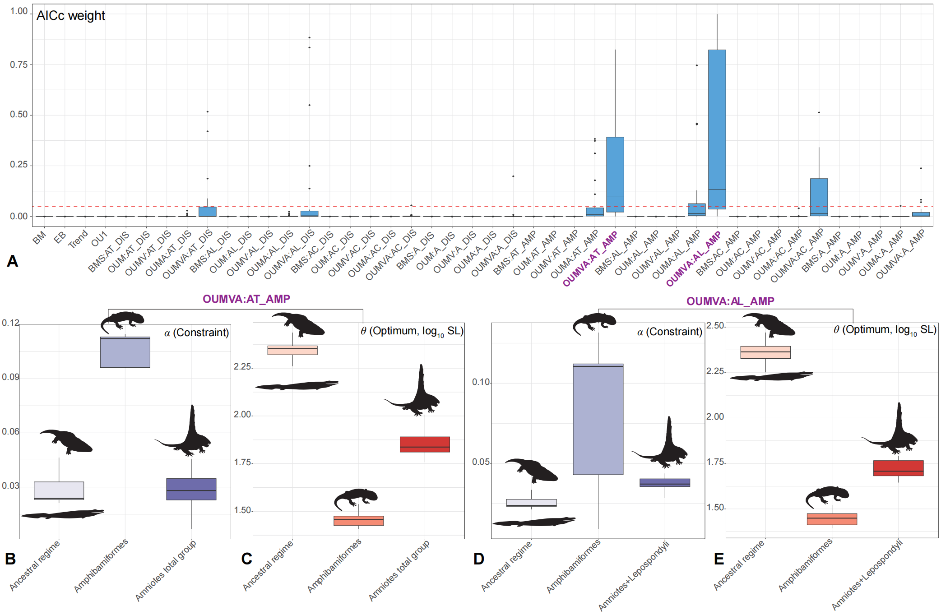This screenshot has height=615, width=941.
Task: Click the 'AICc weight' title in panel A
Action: pyautogui.click(x=71, y=16)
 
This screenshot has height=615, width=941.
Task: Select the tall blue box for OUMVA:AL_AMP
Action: pyautogui.click(x=717, y=129)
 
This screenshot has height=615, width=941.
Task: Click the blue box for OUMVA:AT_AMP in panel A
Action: pyautogui.click(x=615, y=174)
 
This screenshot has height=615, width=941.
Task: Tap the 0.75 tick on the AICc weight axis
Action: pyautogui.click(x=19, y=65)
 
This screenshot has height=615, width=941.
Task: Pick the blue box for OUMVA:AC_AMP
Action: pyautogui.click(x=819, y=197)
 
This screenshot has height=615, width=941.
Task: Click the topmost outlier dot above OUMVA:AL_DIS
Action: pyautogui.click(x=309, y=37)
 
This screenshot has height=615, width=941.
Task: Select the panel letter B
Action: pyautogui.click(x=10, y=559)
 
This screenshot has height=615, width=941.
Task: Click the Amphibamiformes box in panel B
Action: pyautogui.click(x=125, y=352)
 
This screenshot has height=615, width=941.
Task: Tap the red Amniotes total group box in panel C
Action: pyautogui.click(x=425, y=444)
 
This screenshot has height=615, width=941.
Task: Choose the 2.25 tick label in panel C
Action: pyautogui.click(x=242, y=367)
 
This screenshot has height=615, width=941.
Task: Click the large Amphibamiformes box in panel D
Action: pyautogui.click(x=598, y=419)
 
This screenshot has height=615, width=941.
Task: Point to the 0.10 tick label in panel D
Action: pyautogui.click(x=481, y=382)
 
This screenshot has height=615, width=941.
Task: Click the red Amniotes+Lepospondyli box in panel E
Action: pyautogui.click(x=898, y=468)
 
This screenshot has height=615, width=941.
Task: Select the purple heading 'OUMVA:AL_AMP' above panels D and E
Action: pyautogui.click(x=730, y=301)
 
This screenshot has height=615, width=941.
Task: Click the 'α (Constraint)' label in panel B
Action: pyautogui.click(x=196, y=333)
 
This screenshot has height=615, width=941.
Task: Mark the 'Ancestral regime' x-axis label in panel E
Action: pyautogui.click(x=739, y=565)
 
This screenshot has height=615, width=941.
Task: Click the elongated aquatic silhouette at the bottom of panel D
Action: pyautogui.click(x=534, y=522)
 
